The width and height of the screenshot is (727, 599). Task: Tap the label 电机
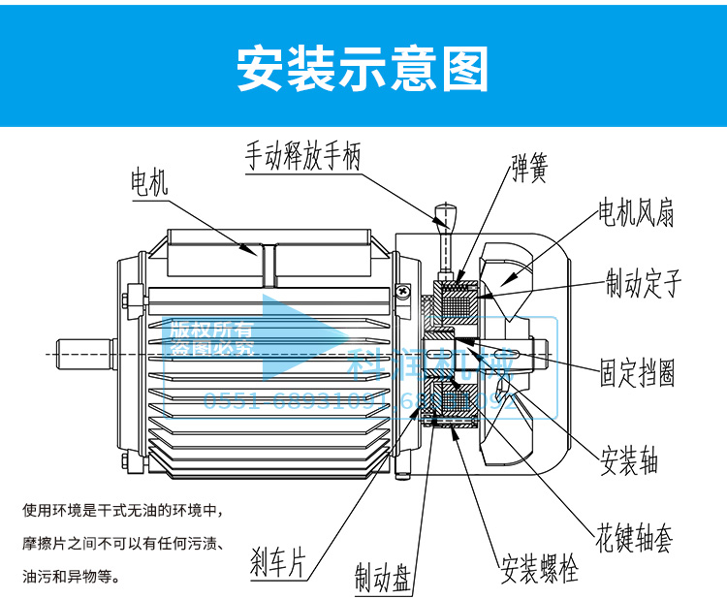click(x=150, y=181)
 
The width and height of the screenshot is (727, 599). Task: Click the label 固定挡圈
click(x=637, y=372)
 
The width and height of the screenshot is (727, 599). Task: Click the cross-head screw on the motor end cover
click(x=403, y=290)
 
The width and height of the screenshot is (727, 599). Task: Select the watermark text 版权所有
click(x=211, y=329)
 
